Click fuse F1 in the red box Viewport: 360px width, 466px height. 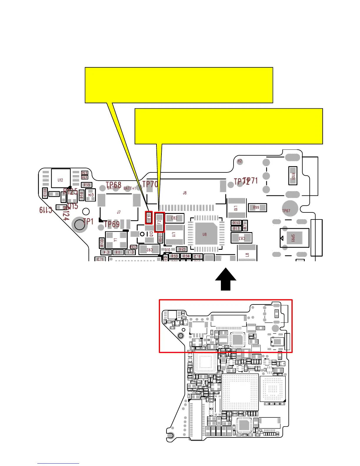point(149,217)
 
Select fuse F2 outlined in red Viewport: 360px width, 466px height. point(159,222)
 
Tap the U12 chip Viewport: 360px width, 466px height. point(61,178)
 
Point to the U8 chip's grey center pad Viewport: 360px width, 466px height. point(205,234)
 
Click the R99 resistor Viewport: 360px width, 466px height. point(257,207)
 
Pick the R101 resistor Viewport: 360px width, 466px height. point(293,176)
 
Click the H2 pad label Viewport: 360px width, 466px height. point(240,161)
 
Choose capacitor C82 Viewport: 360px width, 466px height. point(174,218)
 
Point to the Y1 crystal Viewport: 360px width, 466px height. point(116,240)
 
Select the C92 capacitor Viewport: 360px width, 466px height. point(149,250)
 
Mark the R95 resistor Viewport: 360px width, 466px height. point(87,185)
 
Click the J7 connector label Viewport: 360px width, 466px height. point(119,212)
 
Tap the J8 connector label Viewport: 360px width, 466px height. point(185,193)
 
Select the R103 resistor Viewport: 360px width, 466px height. point(102,242)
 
